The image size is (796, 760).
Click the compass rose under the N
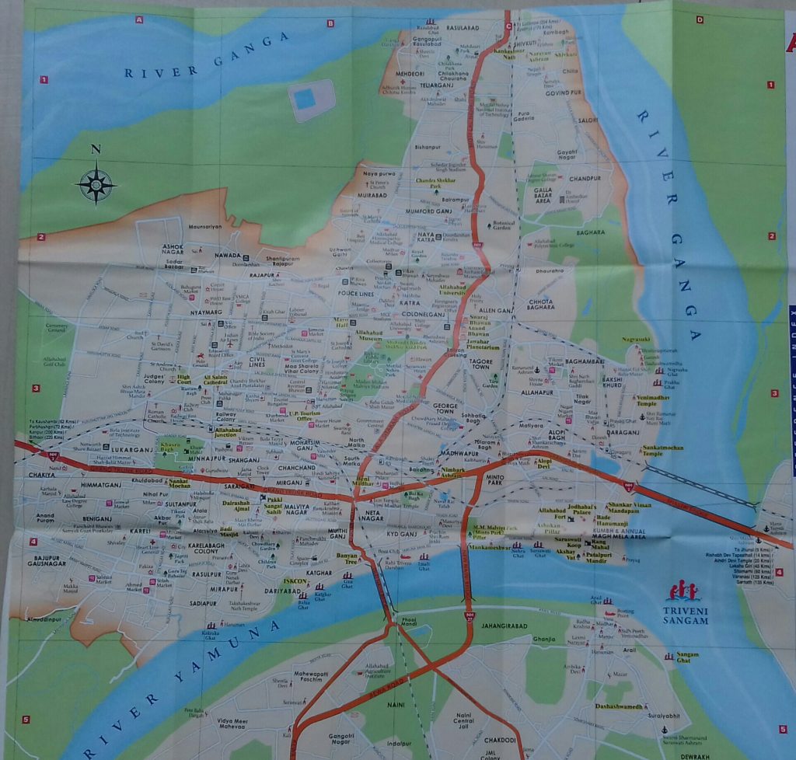coord(96,184)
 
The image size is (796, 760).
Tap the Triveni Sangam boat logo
coord(683,591)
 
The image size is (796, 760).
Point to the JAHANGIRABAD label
coord(506,622)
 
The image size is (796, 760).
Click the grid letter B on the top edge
coord(330,23)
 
